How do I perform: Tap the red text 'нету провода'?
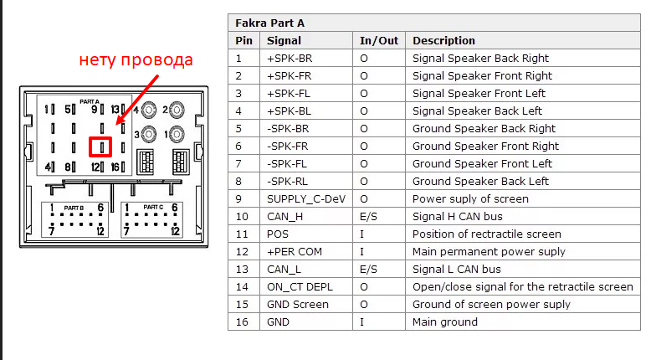pyautogui.click(x=136, y=60)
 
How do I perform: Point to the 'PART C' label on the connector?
pyautogui.click(x=153, y=206)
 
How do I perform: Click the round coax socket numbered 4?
pyautogui.click(x=149, y=110)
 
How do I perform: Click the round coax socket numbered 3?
pyautogui.click(x=149, y=133)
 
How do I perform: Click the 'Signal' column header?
pyautogui.click(x=284, y=40)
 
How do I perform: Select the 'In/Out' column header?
pyautogui.click(x=379, y=40)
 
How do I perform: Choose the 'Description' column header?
pyautogui.click(x=443, y=40)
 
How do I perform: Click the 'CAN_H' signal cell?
pyautogui.click(x=285, y=216)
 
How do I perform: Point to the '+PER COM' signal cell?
pyautogui.click(x=294, y=251)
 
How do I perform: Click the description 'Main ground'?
pyautogui.click(x=444, y=321)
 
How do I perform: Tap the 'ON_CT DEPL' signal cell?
pyautogui.click(x=299, y=286)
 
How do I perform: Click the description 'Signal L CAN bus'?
pyautogui.click(x=456, y=269)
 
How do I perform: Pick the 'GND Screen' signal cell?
pyautogui.click(x=297, y=304)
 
